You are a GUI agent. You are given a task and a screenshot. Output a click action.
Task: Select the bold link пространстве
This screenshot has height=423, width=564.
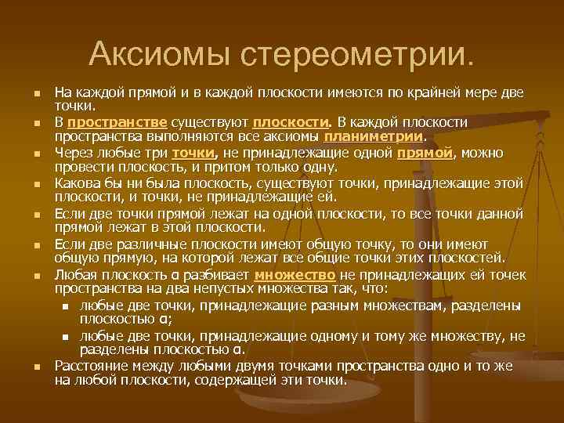[117, 123]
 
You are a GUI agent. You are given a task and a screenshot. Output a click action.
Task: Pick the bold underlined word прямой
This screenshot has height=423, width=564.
[425, 152]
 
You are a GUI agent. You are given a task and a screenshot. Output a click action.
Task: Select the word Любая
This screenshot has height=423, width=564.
[74, 275]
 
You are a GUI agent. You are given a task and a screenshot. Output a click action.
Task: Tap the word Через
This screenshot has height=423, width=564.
[74, 152]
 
